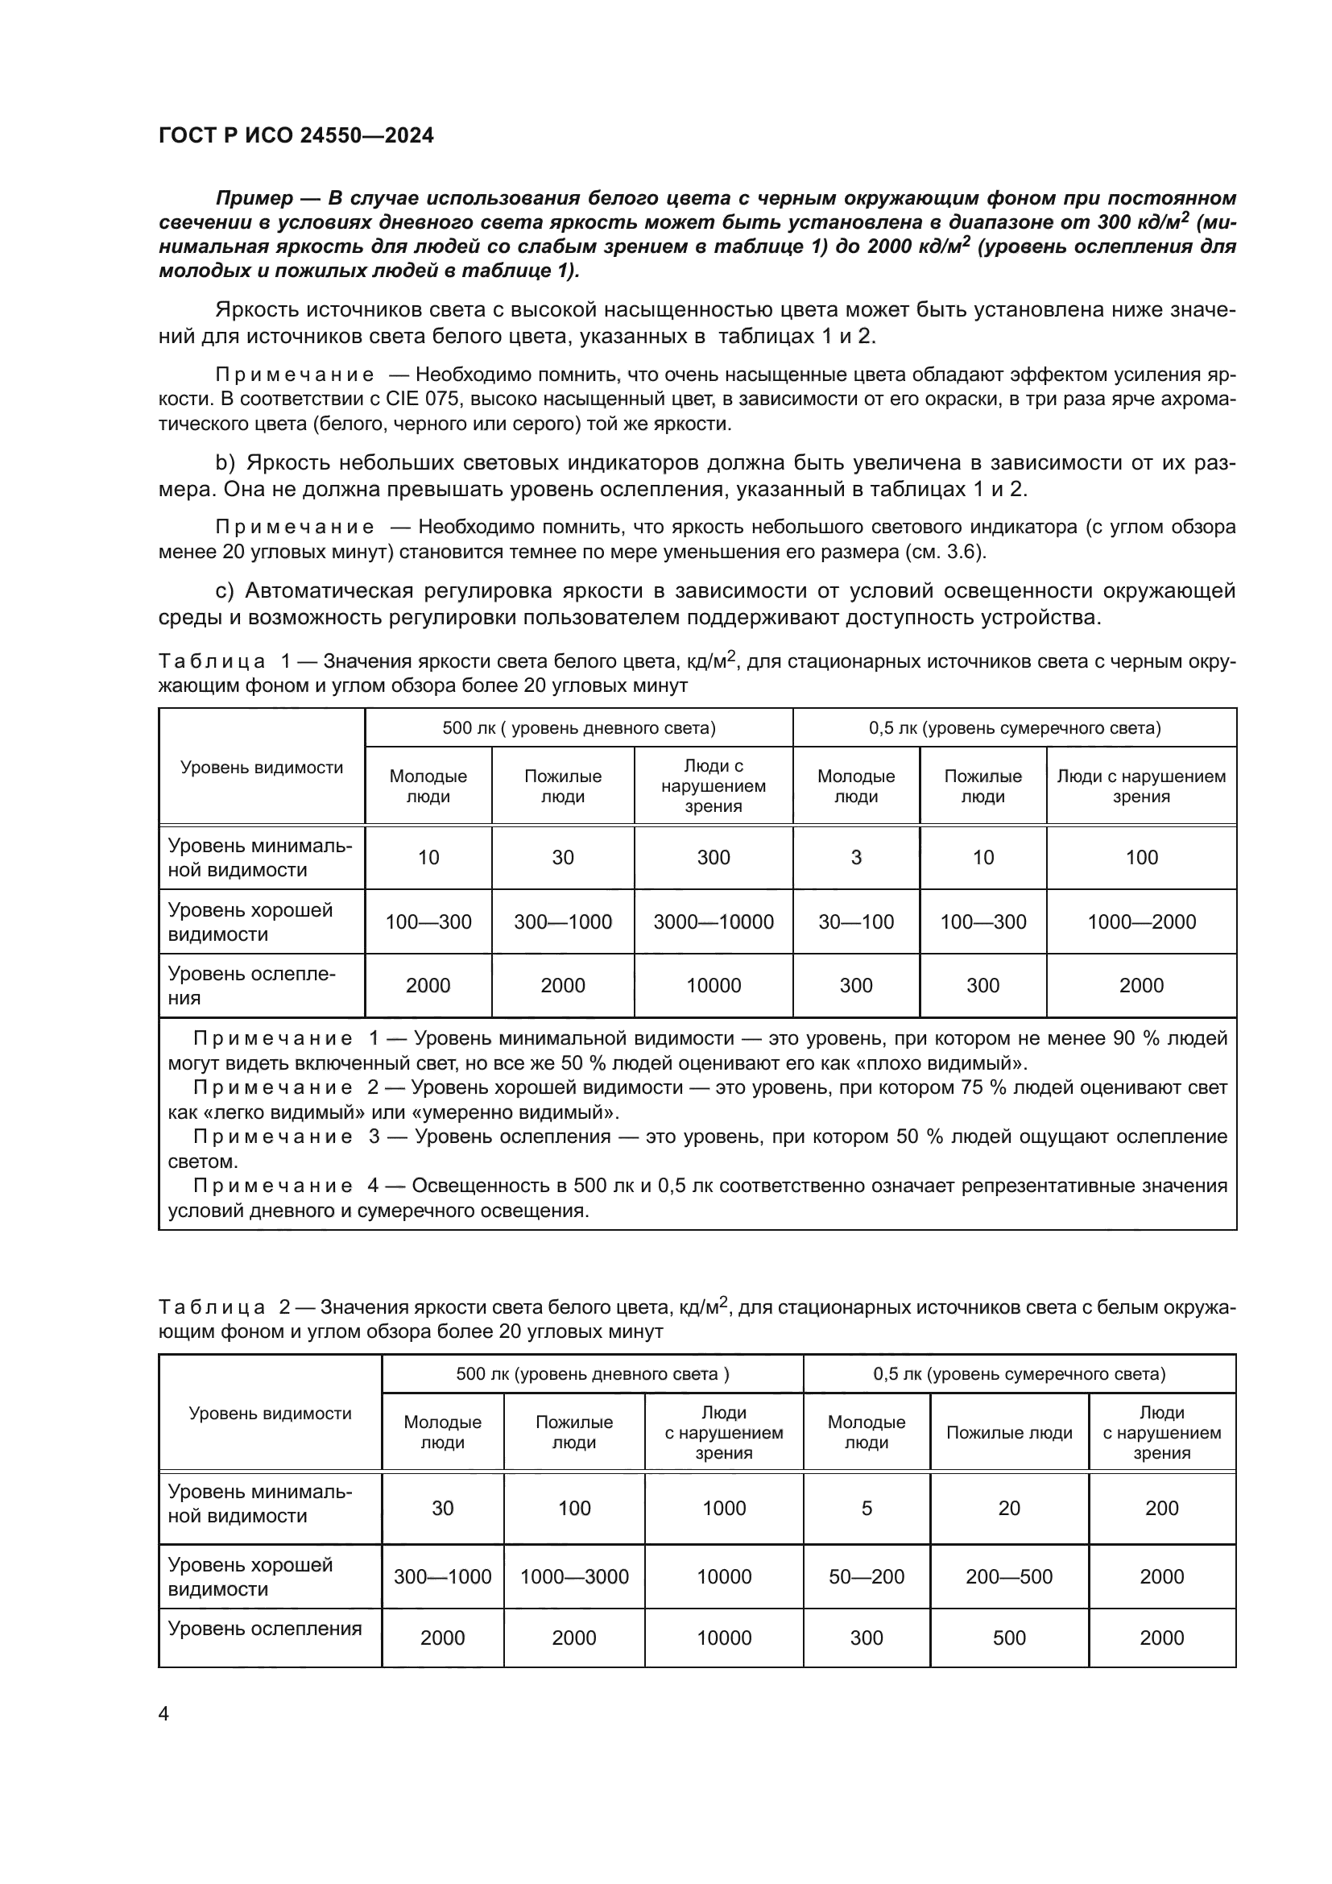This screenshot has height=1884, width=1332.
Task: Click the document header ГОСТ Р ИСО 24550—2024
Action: pyautogui.click(x=296, y=135)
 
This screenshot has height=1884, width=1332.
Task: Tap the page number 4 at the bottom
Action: pyautogui.click(x=163, y=1713)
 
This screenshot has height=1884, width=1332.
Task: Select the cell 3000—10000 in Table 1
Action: pyautogui.click(x=713, y=921)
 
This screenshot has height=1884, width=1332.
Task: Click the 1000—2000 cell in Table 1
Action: pyautogui.click(x=1141, y=921)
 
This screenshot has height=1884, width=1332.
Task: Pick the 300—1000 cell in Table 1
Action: pyautogui.click(x=563, y=921)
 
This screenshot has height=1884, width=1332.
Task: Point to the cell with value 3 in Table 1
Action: pyautogui.click(x=855, y=858)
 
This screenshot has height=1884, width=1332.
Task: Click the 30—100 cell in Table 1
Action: pyautogui.click(x=855, y=921)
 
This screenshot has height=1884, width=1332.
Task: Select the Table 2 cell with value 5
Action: pyautogui.click(x=867, y=1507)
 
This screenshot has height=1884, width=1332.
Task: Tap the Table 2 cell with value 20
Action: pyautogui.click(x=1009, y=1507)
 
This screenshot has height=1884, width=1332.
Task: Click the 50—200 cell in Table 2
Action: pyautogui.click(x=867, y=1576)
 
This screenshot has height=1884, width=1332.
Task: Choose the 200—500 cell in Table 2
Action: pyautogui.click(x=1009, y=1576)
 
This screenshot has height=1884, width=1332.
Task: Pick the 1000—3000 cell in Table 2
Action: pyautogui.click(x=574, y=1576)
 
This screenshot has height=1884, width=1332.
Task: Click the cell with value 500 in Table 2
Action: pyautogui.click(x=1009, y=1638)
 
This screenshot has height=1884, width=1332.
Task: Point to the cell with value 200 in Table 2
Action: pyautogui.click(x=1161, y=1507)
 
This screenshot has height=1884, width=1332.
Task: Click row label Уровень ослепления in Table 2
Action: pyautogui.click(x=265, y=1628)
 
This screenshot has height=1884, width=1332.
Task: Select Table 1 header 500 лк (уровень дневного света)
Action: pyautogui.click(x=579, y=728)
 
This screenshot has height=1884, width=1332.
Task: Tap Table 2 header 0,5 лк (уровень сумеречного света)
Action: pyautogui.click(x=1019, y=1373)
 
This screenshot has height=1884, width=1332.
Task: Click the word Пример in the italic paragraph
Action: pyautogui.click(x=254, y=198)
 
